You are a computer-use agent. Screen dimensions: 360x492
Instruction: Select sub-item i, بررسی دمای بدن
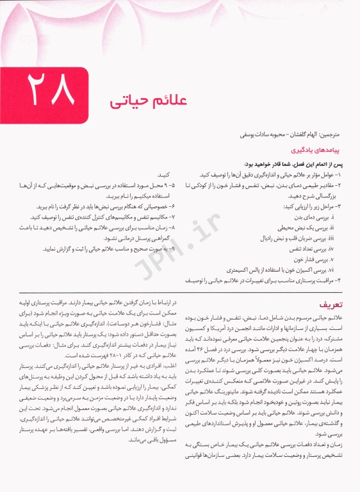coord(313,218)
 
